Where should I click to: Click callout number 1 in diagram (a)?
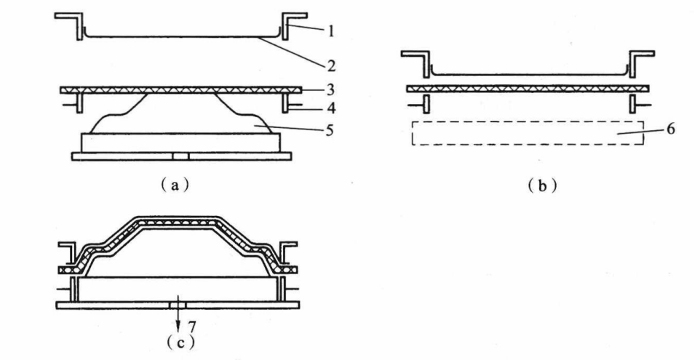coord(331,31)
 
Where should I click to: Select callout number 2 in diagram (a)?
coord(331,66)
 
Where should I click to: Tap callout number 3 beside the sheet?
coord(331,89)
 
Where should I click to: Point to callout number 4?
coord(331,108)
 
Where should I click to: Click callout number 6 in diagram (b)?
coord(670,129)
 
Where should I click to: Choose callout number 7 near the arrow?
coord(191,327)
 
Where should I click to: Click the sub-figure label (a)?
coord(175,185)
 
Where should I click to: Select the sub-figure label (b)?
coord(542,185)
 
